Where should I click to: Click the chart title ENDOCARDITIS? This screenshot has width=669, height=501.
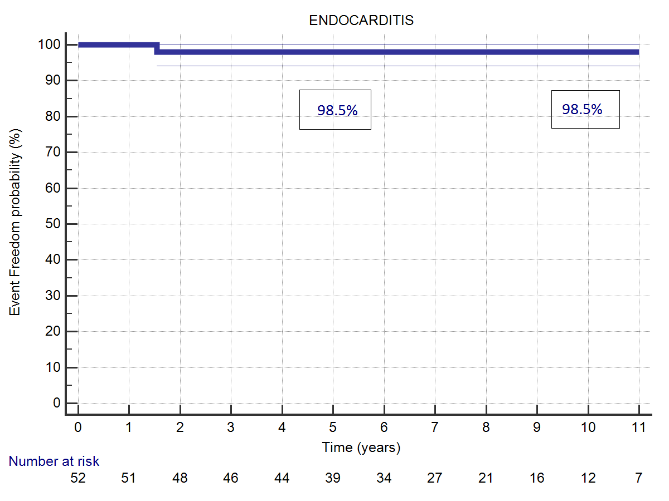(361, 21)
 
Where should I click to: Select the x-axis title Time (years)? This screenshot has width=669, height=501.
(361, 447)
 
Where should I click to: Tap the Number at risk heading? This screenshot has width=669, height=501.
(54, 461)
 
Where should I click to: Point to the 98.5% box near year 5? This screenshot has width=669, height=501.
(335, 110)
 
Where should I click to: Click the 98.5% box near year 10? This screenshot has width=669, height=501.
(585, 109)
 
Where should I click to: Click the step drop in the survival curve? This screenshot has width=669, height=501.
(157, 48)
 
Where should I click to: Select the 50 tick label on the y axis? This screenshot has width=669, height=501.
(55, 224)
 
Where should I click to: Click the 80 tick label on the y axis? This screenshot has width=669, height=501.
(55, 116)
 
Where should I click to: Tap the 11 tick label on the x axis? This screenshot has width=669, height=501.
(639, 428)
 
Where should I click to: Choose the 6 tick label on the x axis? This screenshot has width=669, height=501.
(384, 428)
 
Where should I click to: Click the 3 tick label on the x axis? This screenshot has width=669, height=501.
(231, 428)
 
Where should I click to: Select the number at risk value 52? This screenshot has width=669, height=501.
(78, 478)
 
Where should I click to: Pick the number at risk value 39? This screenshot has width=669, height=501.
(333, 478)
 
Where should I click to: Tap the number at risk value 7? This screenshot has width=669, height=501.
(639, 478)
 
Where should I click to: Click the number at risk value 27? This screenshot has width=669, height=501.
(435, 478)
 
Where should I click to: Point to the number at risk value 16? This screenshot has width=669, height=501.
(537, 478)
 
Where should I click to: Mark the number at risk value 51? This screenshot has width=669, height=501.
(129, 478)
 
